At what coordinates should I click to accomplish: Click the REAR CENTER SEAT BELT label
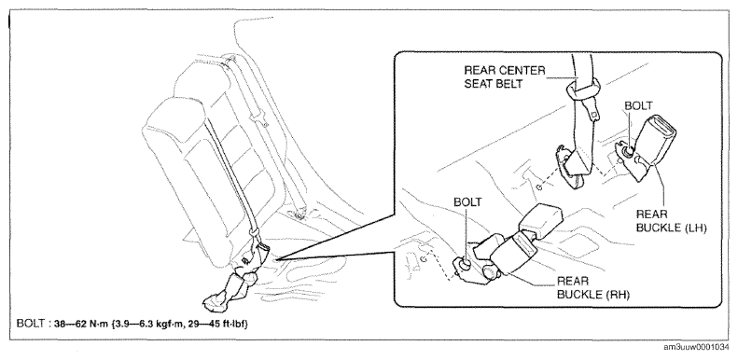(x=504, y=78)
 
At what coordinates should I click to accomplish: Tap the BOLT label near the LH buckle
(x=638, y=106)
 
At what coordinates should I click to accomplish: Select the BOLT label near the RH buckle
(x=467, y=202)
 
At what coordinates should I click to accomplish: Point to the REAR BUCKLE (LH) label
(x=672, y=221)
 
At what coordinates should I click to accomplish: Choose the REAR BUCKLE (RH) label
(x=593, y=288)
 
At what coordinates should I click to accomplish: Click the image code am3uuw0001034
(x=699, y=347)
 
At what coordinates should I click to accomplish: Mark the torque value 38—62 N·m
(x=81, y=324)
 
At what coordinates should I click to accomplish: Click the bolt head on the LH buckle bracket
(x=628, y=151)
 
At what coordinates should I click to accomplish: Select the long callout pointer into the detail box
(x=338, y=237)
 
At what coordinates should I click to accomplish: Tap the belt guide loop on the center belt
(x=584, y=89)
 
